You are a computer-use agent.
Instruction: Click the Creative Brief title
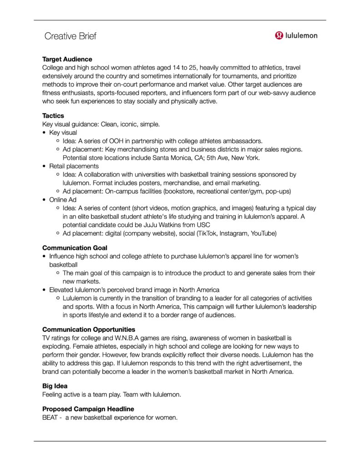(70, 36)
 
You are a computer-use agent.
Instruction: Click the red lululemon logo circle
(279, 35)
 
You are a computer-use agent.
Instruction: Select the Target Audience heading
(67, 59)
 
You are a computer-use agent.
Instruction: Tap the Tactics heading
(53, 116)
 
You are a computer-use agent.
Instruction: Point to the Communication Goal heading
(75, 248)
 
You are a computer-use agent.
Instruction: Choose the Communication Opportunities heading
(88, 329)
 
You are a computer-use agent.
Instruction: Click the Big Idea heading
(55, 386)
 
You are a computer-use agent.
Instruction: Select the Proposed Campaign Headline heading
(88, 409)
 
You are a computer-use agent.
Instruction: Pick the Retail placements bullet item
(74, 166)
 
